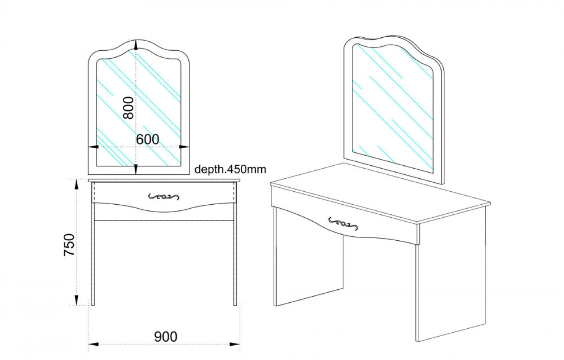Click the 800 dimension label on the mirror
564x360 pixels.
pos(128,108)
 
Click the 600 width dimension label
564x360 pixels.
pos(148,139)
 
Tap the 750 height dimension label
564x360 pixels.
pos(69,245)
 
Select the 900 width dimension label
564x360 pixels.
pos(166,337)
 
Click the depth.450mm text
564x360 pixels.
pos(230,170)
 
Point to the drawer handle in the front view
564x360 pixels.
pos(164,196)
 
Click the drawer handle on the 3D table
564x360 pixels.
pos(343,223)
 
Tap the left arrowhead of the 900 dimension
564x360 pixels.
pos(93,344)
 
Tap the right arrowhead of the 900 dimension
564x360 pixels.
pos(235,344)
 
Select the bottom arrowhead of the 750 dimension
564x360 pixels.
pos(76,300)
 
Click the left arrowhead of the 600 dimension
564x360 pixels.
pos(94,147)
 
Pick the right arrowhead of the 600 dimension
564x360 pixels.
pos(184,147)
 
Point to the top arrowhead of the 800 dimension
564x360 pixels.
pos(136,45)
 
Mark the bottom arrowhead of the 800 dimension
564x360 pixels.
pos(136,169)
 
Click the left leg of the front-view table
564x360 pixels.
pos(93,254)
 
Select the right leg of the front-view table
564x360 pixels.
pos(235,254)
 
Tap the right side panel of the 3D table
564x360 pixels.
pos(451,275)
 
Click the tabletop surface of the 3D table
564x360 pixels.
pos(380,193)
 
